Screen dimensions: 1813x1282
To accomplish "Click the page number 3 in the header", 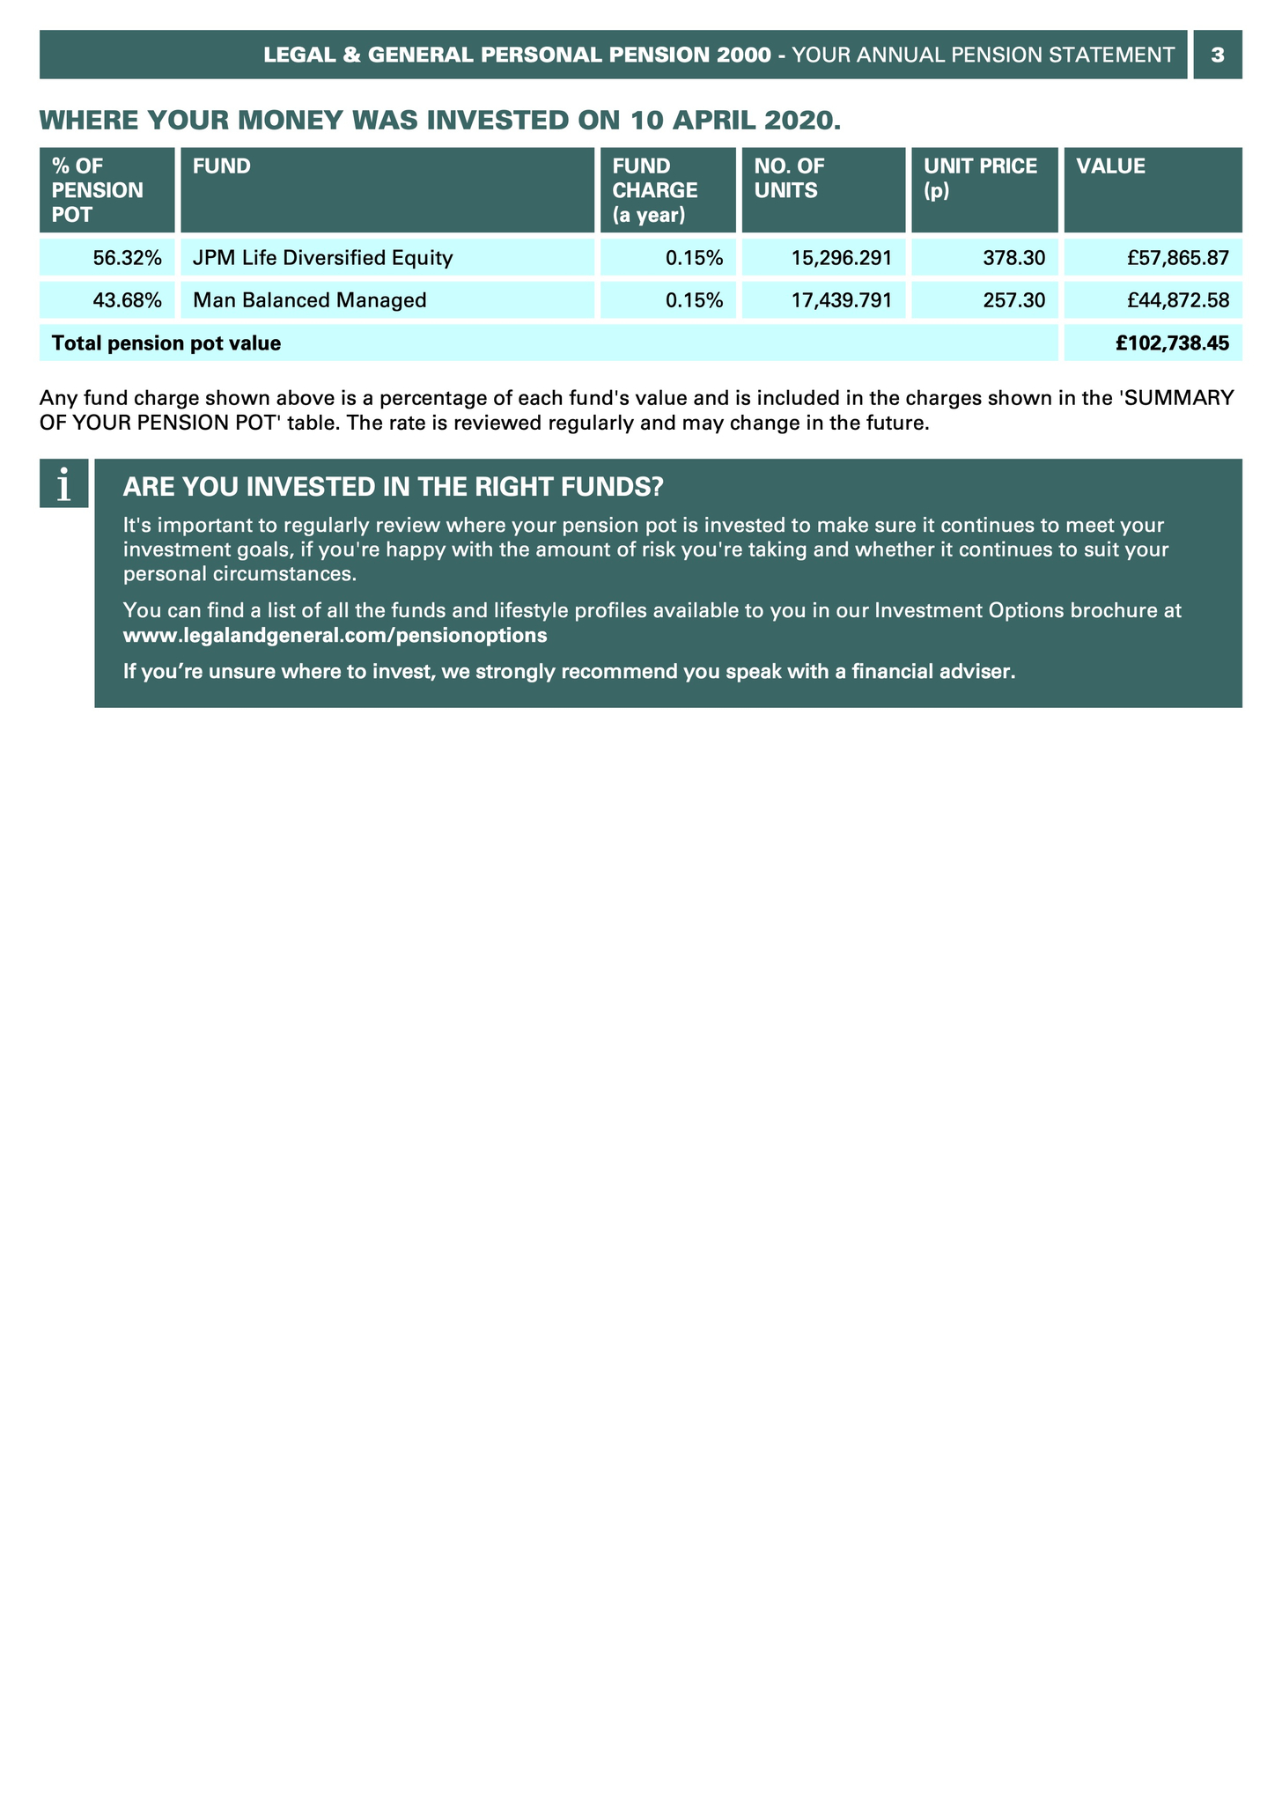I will [1217, 55].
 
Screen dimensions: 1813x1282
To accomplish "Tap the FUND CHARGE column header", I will [655, 189].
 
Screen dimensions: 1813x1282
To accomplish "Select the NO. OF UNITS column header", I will [790, 178].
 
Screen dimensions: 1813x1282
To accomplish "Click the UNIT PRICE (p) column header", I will [980, 178].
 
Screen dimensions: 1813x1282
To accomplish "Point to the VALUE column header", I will [1110, 166].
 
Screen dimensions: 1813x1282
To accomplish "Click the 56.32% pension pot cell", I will [128, 258].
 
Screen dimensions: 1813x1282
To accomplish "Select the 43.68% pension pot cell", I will [128, 300].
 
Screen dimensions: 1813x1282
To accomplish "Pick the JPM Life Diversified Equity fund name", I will [322, 258].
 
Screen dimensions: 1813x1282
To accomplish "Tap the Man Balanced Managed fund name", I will [309, 300].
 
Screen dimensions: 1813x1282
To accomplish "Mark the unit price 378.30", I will [1013, 258].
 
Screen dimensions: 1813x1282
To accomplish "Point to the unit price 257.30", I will [1013, 300].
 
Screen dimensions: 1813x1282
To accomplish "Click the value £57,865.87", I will [1177, 258].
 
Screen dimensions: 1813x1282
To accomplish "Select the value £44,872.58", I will [1177, 300].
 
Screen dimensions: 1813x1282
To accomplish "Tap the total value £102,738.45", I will [1172, 343].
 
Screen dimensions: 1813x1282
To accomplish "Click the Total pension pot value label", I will [166, 343].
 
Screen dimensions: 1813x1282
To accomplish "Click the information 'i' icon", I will [63, 483].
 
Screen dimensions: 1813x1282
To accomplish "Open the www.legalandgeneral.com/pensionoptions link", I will [335, 635].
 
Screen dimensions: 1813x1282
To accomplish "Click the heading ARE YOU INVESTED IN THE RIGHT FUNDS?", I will [393, 486].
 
